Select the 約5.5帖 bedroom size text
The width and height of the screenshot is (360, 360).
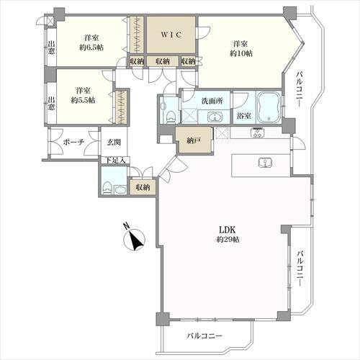[x=84, y=101]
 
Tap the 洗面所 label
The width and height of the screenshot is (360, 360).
[x=210, y=100]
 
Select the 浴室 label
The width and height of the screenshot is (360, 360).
[x=243, y=115]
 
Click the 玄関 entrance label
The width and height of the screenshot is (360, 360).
[x=114, y=142]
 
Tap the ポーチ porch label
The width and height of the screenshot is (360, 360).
[x=73, y=142]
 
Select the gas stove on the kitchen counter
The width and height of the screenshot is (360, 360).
[x=258, y=133]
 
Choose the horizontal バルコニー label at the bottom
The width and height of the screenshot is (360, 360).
[x=204, y=336]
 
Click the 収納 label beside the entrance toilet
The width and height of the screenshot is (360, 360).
[x=143, y=187]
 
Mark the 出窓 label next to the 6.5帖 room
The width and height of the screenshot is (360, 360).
[x=52, y=48]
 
